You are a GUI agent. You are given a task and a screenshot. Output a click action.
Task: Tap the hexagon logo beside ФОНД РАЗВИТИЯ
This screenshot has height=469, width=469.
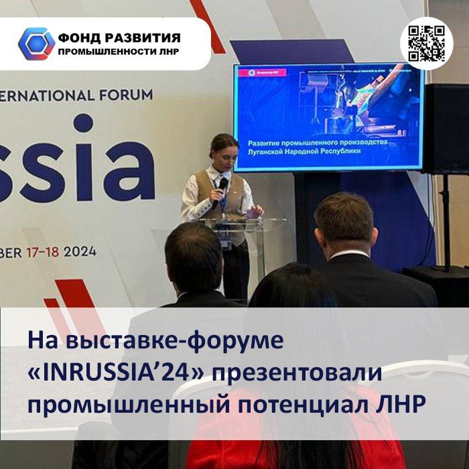tap(36, 44)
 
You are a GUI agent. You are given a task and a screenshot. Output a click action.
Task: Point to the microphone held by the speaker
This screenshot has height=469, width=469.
tap(222, 184)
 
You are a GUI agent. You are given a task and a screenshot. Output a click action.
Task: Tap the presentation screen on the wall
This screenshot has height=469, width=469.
tap(328, 117)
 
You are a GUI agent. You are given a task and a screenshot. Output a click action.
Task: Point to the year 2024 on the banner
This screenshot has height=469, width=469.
tap(82, 253)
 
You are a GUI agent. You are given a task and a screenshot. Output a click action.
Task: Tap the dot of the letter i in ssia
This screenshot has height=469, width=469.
tap(83, 123)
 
